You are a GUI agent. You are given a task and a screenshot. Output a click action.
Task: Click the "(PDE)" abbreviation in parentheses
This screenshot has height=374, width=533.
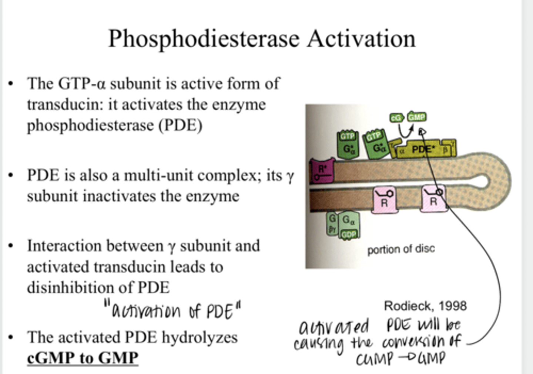180,126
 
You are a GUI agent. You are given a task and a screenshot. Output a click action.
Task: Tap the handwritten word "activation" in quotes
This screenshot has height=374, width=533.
146,311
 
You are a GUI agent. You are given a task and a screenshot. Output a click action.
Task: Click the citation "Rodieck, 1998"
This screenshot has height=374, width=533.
425,306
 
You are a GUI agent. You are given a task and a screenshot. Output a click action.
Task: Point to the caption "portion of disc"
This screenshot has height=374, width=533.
401,249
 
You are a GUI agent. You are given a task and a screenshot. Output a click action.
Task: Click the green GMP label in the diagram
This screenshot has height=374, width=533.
417,117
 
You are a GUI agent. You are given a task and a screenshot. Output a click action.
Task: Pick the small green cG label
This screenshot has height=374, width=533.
396,118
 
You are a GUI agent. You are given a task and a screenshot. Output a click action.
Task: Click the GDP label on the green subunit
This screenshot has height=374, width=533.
349,234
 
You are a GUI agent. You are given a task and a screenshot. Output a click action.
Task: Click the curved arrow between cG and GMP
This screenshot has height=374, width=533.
406,130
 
